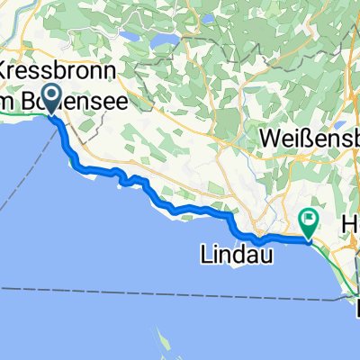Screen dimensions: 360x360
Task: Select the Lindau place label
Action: pyautogui.click(x=231, y=257)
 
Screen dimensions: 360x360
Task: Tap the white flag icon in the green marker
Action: pyautogui.click(x=310, y=216)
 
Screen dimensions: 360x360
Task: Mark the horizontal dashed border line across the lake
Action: pyautogui.click(x=135, y=287)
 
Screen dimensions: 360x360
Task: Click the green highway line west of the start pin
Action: pyautogui.click(x=18, y=115)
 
